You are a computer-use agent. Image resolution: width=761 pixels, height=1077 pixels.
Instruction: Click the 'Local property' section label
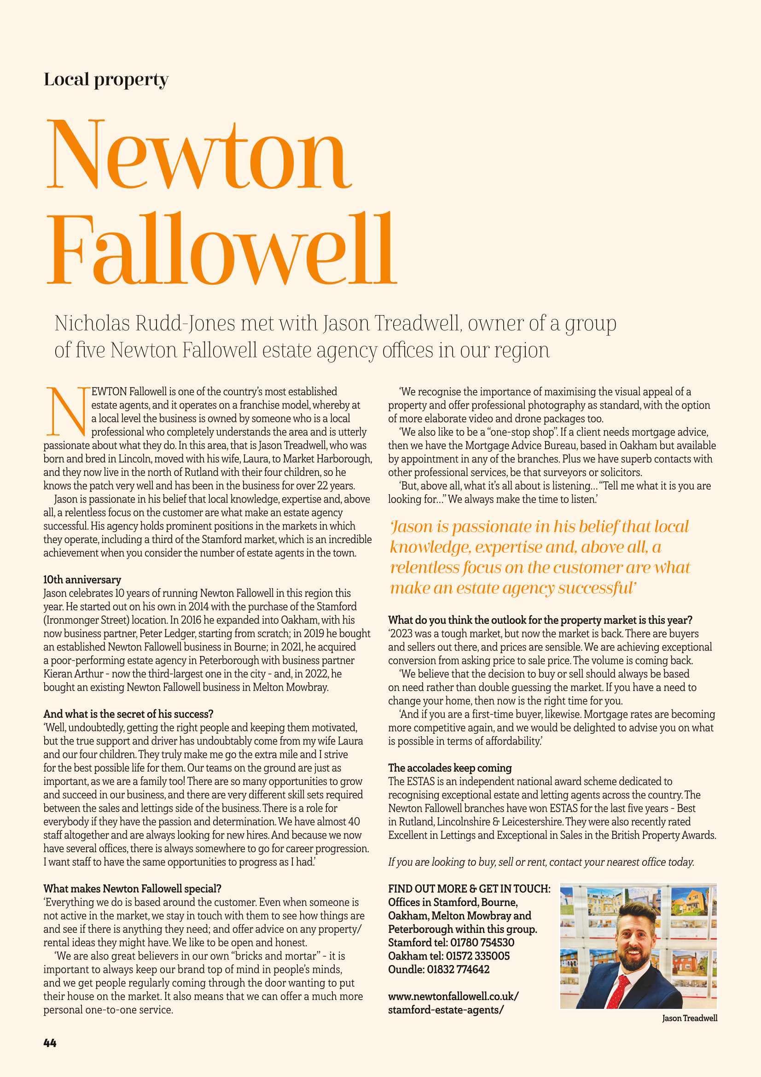105,80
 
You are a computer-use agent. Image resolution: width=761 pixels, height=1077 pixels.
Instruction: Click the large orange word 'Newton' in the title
199,155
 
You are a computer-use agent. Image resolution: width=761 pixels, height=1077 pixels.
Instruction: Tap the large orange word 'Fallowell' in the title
221,249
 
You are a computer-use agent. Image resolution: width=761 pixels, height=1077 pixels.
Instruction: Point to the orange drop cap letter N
65,411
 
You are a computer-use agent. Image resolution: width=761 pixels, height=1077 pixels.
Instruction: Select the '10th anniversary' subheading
82,580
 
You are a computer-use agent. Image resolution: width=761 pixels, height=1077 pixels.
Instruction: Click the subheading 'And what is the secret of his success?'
128,714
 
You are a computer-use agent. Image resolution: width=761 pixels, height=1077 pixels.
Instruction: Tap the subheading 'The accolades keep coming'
450,768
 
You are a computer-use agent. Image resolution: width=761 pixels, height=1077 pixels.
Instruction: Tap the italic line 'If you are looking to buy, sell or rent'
540,862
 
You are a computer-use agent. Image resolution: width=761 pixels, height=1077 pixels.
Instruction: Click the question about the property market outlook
540,620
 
